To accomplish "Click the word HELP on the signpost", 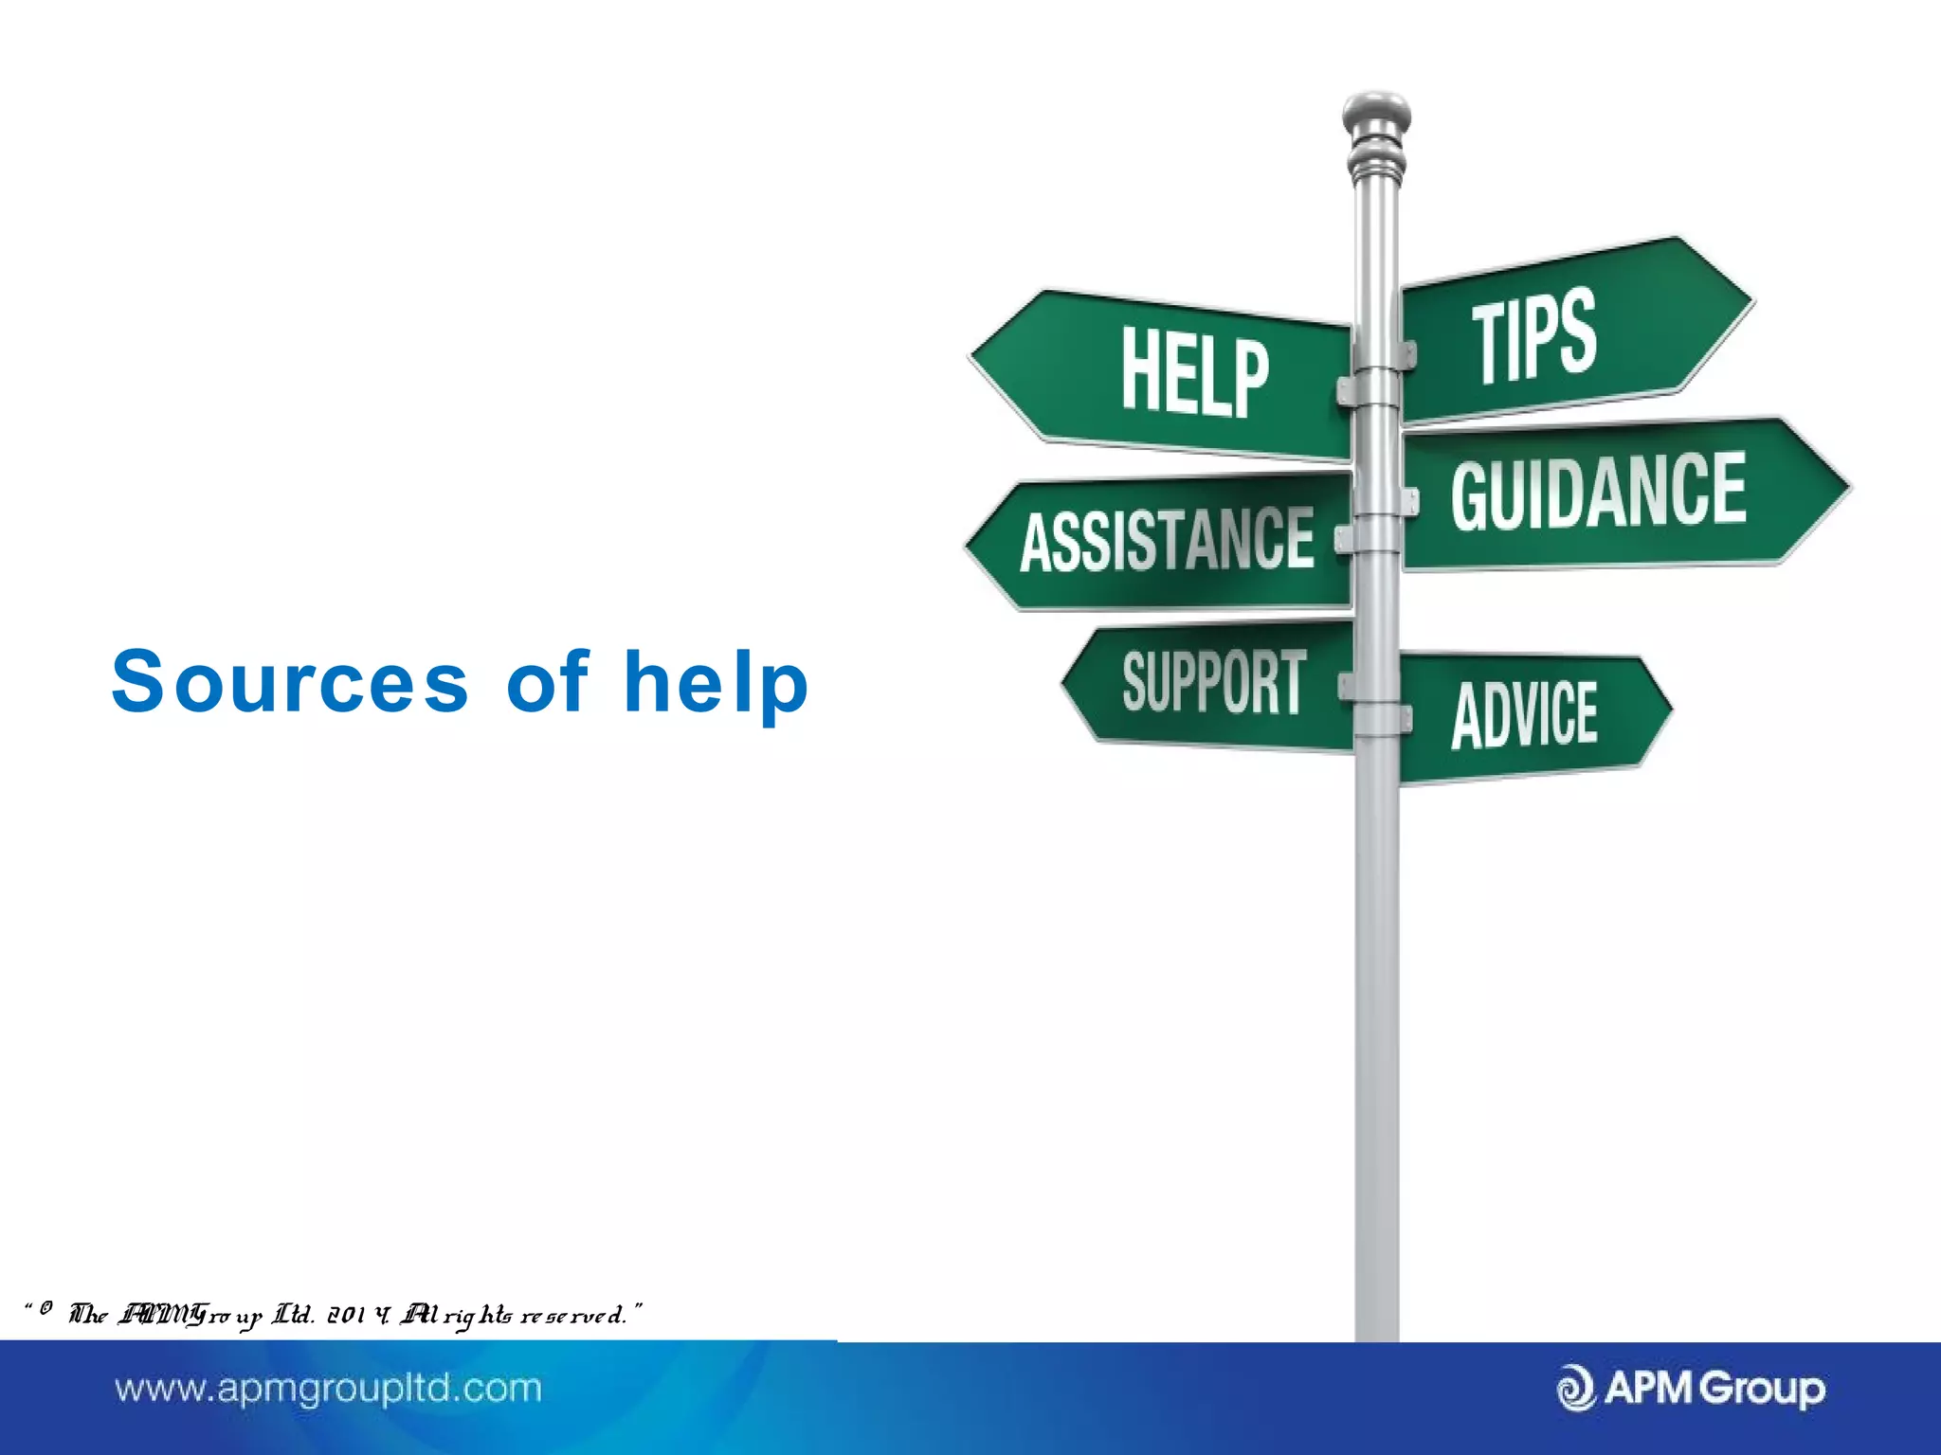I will pos(1194,372).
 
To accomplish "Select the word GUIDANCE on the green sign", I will pos(1598,490).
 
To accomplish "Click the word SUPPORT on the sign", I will pos(1214,681).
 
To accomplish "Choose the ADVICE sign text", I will pos(1524,715).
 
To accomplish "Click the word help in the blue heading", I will pos(716,683).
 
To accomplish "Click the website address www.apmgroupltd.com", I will pos(328,1389).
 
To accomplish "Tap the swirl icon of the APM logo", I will pos(1576,1389).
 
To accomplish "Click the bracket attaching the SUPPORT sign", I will pos(1346,686).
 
